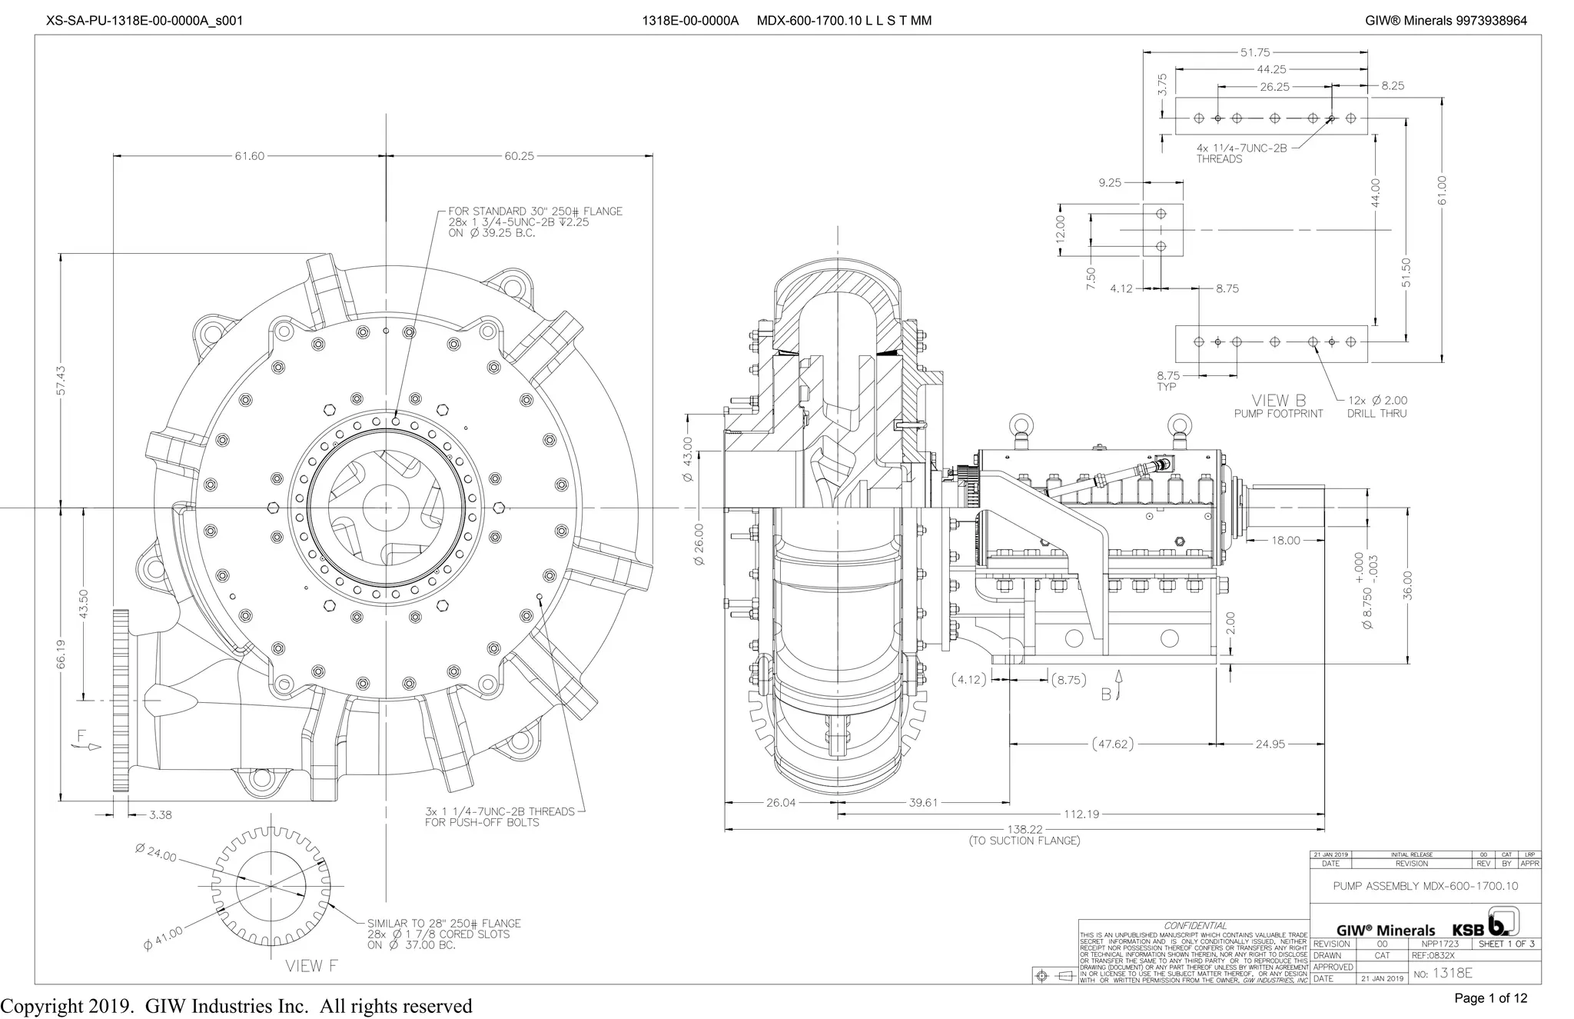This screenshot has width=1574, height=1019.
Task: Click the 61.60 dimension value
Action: (249, 156)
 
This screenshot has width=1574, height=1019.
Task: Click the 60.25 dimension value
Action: (519, 156)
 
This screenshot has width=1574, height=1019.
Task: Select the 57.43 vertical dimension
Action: (61, 380)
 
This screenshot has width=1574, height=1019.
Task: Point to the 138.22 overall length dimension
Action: (1024, 829)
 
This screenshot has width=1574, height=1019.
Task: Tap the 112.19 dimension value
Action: (1081, 814)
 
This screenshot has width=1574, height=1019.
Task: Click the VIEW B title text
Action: (1278, 401)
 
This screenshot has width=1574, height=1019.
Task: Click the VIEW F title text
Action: (312, 966)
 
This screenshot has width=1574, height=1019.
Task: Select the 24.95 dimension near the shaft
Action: (1270, 744)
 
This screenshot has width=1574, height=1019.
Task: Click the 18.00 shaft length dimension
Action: (1285, 541)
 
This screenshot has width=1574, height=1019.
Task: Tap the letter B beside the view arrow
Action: (1106, 694)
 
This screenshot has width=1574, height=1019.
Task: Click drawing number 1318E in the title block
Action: (1452, 973)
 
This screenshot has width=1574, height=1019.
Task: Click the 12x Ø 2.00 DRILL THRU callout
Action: (1376, 407)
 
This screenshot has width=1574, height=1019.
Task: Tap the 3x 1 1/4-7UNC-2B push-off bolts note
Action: (500, 817)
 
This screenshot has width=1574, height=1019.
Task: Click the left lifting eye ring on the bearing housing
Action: (1021, 425)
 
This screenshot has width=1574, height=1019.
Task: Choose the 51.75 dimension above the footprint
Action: (1255, 52)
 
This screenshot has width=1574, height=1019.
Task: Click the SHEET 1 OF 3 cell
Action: (1506, 944)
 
